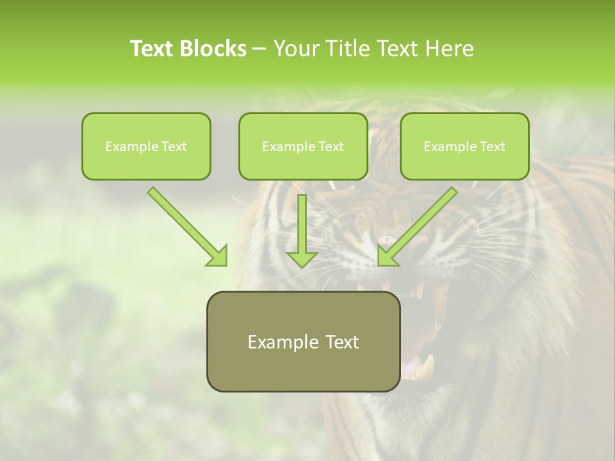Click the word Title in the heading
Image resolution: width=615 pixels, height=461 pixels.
(x=347, y=49)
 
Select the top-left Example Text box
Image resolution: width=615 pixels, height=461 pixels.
(x=146, y=146)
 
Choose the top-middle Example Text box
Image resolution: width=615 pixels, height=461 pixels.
(x=303, y=146)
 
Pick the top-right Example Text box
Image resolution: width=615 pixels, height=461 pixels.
(x=464, y=146)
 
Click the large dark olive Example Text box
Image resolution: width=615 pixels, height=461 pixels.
(x=303, y=341)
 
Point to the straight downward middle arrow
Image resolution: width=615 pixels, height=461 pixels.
(x=302, y=224)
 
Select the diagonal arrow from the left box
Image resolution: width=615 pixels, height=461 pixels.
(x=183, y=221)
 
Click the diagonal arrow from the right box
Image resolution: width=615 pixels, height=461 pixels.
(x=423, y=221)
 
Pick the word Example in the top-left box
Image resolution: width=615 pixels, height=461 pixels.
(x=127, y=147)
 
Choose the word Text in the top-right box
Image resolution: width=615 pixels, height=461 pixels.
(x=492, y=147)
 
